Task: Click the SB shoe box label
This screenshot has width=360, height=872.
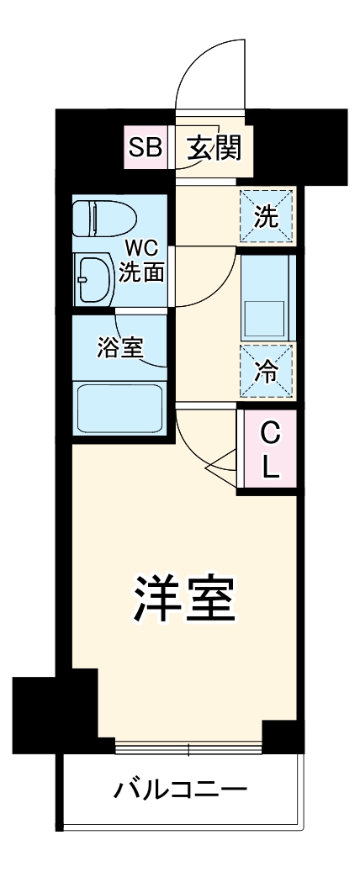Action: pyautogui.click(x=145, y=149)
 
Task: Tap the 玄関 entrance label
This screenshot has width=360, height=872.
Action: pyautogui.click(x=214, y=149)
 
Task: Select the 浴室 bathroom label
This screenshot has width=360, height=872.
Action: pyautogui.click(x=119, y=346)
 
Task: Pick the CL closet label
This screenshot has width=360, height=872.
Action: pyautogui.click(x=269, y=450)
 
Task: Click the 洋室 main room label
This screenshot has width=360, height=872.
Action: pyautogui.click(x=183, y=597)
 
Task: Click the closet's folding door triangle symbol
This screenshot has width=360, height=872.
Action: pyautogui.click(x=224, y=463)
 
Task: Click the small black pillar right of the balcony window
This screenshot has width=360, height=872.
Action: pyautogui.click(x=283, y=737)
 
